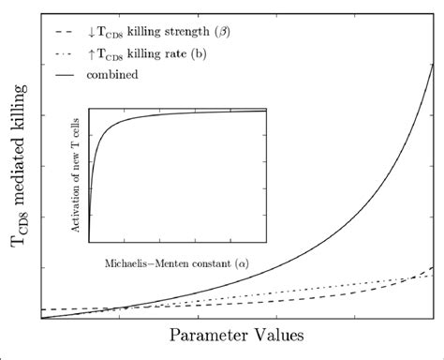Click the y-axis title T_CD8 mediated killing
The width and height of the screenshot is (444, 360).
pyautogui.click(x=17, y=165)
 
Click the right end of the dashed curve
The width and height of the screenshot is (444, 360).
pyautogui.click(x=431, y=268)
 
